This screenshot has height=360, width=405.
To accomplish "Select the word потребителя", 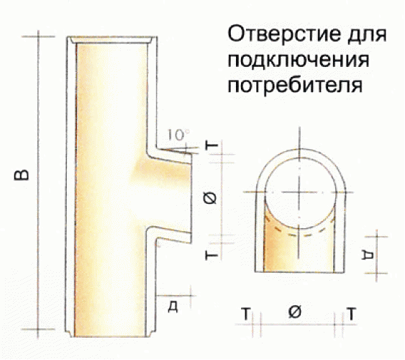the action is [x=295, y=84].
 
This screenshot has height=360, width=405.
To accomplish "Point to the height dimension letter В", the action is [x=22, y=175].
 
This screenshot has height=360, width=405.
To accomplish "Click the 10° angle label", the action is [x=178, y=135].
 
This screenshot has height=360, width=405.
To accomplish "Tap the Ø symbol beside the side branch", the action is [x=212, y=198].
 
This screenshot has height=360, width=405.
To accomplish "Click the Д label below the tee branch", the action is [x=173, y=307].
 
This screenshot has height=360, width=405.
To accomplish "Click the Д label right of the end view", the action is [x=368, y=255].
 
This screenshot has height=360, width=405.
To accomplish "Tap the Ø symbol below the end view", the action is [x=295, y=312].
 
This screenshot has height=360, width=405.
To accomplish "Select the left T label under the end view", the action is [x=246, y=314].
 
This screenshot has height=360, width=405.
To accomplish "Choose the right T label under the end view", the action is [x=351, y=314].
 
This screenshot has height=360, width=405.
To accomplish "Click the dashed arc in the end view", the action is [x=300, y=235].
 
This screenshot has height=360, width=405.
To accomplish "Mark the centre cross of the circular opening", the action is [x=300, y=192].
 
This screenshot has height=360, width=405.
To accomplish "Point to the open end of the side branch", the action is [x=191, y=198].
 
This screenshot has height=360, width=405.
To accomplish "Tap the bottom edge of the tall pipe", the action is [x=111, y=336].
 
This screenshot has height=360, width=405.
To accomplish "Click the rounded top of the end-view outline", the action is [x=300, y=149].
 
